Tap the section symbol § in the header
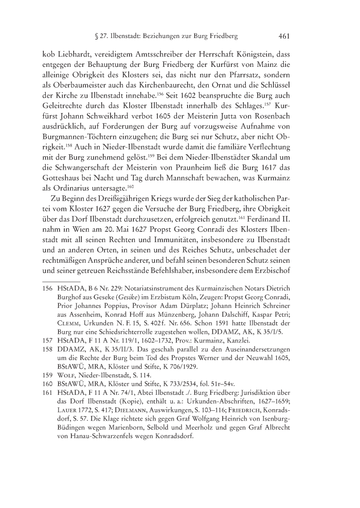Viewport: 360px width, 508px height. point(83,37)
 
